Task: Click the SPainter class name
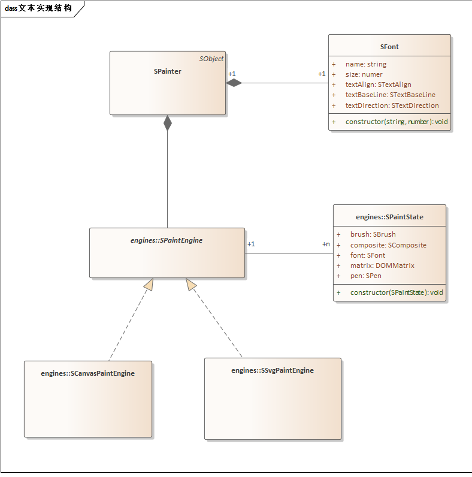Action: [167, 71]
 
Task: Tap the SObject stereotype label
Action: [211, 59]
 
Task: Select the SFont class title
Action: [389, 46]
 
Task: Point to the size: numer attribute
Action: [364, 74]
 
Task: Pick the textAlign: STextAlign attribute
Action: [378, 84]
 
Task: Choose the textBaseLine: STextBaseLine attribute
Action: [390, 95]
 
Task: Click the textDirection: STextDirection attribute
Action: [392, 105]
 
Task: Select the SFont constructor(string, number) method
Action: [397, 122]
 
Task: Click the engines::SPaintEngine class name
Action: [167, 240]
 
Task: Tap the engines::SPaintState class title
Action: [389, 217]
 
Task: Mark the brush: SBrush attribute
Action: [373, 234]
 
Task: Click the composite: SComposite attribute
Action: [388, 245]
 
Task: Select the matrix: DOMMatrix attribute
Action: [382, 265]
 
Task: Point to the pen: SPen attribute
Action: [365, 276]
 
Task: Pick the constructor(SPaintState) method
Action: [397, 292]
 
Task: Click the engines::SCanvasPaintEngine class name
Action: [87, 373]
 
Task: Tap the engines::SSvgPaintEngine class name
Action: [273, 370]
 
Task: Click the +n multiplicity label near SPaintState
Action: [326, 244]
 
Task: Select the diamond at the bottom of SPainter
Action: [168, 123]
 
